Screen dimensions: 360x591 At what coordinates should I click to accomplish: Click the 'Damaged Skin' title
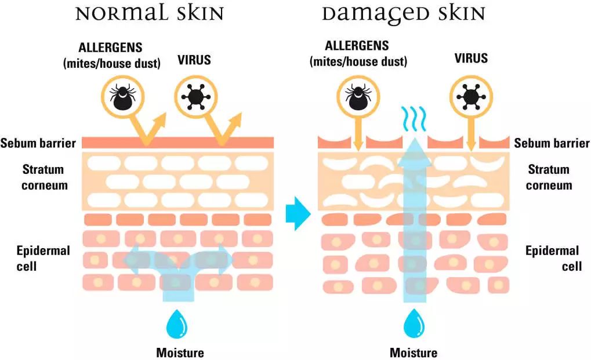404,13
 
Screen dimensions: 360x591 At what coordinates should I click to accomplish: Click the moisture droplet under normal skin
175,325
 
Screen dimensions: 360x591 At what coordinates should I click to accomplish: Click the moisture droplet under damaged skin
414,325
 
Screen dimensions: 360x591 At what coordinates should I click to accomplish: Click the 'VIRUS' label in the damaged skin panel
470,59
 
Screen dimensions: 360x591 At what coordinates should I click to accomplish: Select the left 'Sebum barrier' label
38,143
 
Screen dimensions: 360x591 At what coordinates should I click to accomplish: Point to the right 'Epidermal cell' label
552,259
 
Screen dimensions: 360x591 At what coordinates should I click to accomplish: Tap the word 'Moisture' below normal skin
180,352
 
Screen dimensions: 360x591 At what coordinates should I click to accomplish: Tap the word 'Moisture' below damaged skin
414,352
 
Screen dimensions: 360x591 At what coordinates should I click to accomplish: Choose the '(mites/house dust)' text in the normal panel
111,64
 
